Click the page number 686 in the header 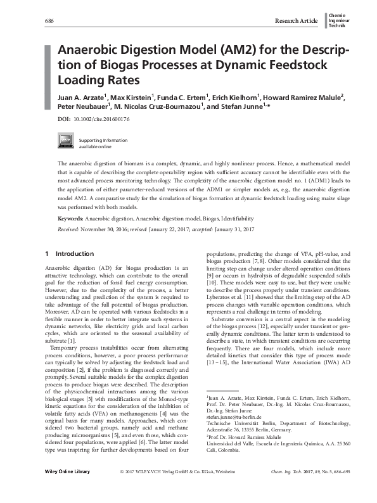pyautogui.click(x=49, y=21)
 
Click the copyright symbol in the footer pyautogui.click(x=122, y=490)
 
